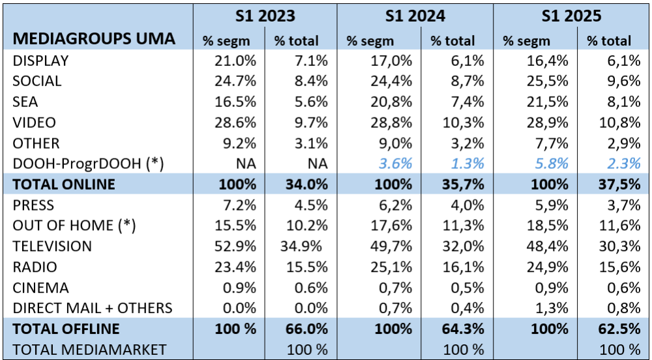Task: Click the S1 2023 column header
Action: coord(266,16)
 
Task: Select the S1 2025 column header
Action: coord(571,16)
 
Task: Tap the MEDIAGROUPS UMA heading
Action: coord(95,38)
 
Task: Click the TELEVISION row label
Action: coord(52,247)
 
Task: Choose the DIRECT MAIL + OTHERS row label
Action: coord(93,308)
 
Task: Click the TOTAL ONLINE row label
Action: coord(64,185)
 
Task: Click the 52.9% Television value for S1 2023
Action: coord(237,247)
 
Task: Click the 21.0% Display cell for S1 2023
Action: coord(237,61)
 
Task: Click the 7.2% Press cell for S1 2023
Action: coord(241,205)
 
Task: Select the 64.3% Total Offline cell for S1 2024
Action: coord(462,329)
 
